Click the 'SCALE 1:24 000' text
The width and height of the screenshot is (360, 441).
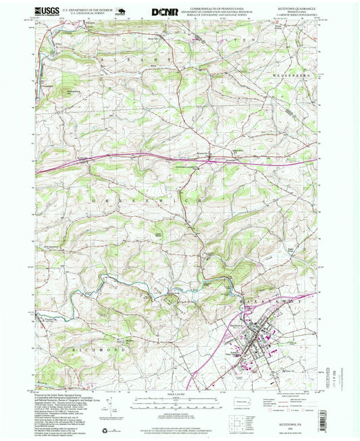180,395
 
